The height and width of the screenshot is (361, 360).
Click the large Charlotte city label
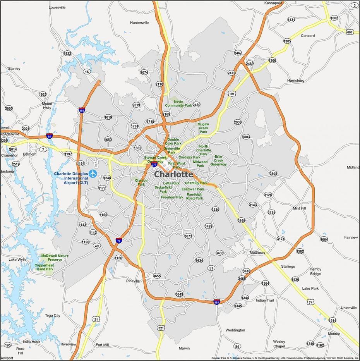pyautogui.click(x=173, y=174)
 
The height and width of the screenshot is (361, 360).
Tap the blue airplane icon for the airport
pyautogui.click(x=93, y=174)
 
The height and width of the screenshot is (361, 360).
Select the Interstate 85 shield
pyautogui.click(x=50, y=136)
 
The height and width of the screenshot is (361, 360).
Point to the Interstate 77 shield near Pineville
pyautogui.click(x=118, y=241)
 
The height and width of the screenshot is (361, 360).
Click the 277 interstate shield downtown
pyautogui.click(x=154, y=165)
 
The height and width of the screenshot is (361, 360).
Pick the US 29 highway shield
pyautogui.click(x=232, y=94)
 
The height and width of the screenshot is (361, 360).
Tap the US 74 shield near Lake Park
pyautogui.click(x=310, y=302)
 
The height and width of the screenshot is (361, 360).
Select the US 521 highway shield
pyautogui.click(x=161, y=328)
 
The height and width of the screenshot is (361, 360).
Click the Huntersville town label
pyautogui.click(x=139, y=23)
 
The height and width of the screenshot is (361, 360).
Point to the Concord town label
pyautogui.click(x=308, y=36)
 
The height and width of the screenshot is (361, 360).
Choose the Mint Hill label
pyautogui.click(x=299, y=208)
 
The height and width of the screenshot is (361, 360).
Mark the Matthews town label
pyautogui.click(x=257, y=253)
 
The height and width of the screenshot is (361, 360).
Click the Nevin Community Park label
pyautogui.click(x=178, y=103)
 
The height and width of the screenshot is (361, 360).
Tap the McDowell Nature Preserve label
pyautogui.click(x=55, y=258)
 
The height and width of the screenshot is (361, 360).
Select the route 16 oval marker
pyautogui.click(x=87, y=72)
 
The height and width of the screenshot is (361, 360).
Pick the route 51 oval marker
pyautogui.click(x=211, y=268)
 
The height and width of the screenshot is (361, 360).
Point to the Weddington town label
pyautogui.click(x=235, y=330)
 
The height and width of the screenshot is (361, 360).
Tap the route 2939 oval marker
pyautogui.click(x=238, y=122)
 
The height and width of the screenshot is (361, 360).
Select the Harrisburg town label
pyautogui.click(x=296, y=81)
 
